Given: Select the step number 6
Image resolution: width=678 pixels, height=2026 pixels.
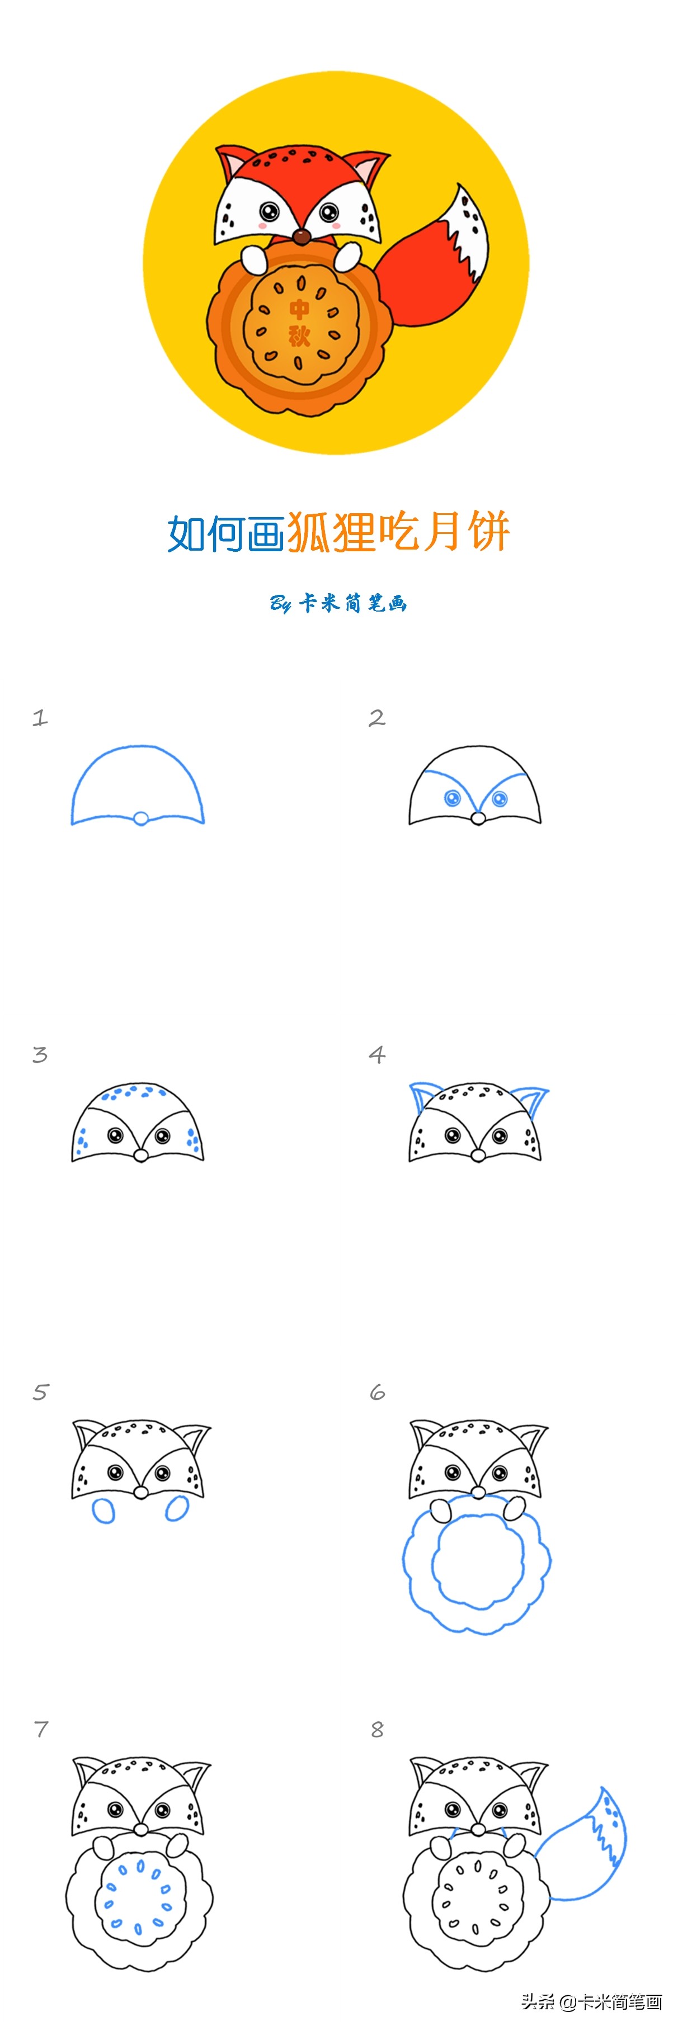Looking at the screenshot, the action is pos(378,1392).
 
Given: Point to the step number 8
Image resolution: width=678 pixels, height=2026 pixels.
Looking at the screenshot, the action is pos(378,1730).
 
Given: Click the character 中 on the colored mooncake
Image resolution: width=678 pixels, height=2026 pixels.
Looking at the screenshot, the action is pos(300,308).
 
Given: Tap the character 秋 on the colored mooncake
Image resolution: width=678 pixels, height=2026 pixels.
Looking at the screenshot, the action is pos(299,336).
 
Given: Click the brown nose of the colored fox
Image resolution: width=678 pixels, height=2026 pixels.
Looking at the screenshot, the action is pos(302,236).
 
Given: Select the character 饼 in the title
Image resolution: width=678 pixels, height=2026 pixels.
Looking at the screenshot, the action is pos(488,532).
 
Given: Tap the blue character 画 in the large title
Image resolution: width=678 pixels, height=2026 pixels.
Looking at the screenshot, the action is pos(265,533).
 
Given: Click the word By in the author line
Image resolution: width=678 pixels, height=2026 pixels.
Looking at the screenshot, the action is pos(281,603).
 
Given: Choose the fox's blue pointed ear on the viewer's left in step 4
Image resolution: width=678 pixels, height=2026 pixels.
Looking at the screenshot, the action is pos(422,1096).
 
